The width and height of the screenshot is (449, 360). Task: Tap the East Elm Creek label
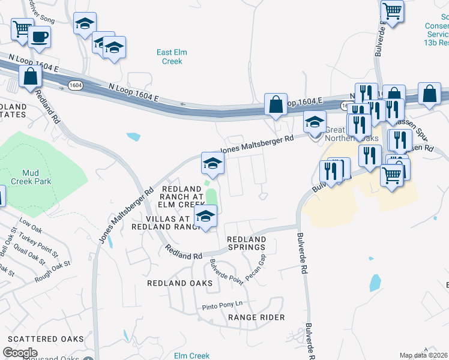[x=172, y=56]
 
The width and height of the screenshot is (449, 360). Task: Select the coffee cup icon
[x=40, y=37]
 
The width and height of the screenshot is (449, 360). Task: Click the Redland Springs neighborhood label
[x=246, y=243]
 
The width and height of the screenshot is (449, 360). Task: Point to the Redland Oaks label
[x=181, y=283]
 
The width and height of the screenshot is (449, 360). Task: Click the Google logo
[x=20, y=353]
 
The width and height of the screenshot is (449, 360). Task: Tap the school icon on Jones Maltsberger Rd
[x=212, y=163]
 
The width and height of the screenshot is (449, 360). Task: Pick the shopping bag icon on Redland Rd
[x=30, y=77]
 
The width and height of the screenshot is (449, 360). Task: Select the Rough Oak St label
[x=52, y=271]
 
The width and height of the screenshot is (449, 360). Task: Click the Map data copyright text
[x=424, y=356]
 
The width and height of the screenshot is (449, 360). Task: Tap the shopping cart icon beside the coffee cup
[x=22, y=28]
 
